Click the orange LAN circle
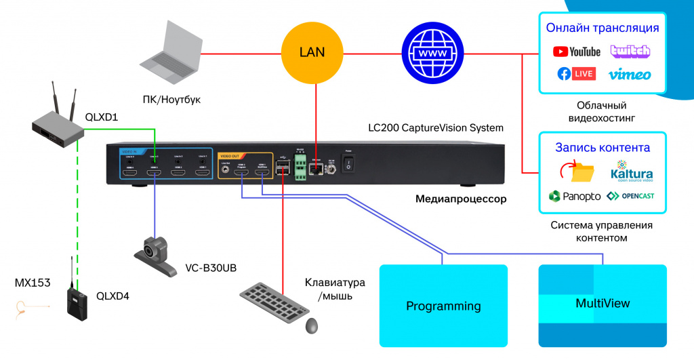click(x=312, y=52)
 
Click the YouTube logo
click(x=577, y=52)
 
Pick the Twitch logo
click(x=630, y=51)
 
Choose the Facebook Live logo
click(x=577, y=73)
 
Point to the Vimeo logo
click(x=630, y=74)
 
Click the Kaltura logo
click(x=630, y=172)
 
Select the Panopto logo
click(x=574, y=196)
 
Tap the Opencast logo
click(x=630, y=196)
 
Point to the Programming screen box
click(x=443, y=306)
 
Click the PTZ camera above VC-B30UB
click(x=155, y=254)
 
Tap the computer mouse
click(x=312, y=325)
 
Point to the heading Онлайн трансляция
click(x=603, y=28)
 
